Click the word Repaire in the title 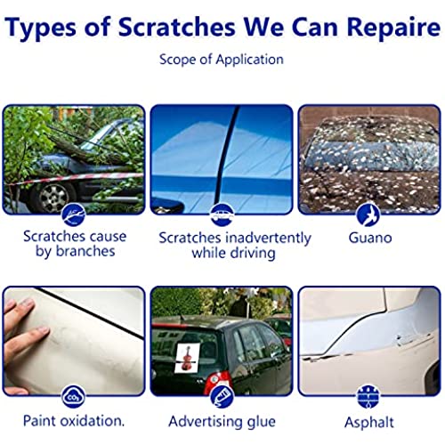(393, 28)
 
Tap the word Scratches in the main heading (177, 27)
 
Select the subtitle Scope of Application (222, 60)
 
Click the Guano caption (370, 238)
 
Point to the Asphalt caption (369, 422)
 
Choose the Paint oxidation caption (74, 421)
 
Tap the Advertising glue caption (222, 422)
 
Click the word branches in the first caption (85, 251)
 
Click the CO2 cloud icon (73, 397)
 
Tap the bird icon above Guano (368, 214)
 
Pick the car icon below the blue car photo (222, 215)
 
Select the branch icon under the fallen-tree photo (74, 214)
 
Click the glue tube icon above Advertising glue (222, 397)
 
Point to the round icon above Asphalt (368, 397)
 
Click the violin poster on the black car (187, 356)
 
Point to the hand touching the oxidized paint (24, 345)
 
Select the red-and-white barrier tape (74, 179)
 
